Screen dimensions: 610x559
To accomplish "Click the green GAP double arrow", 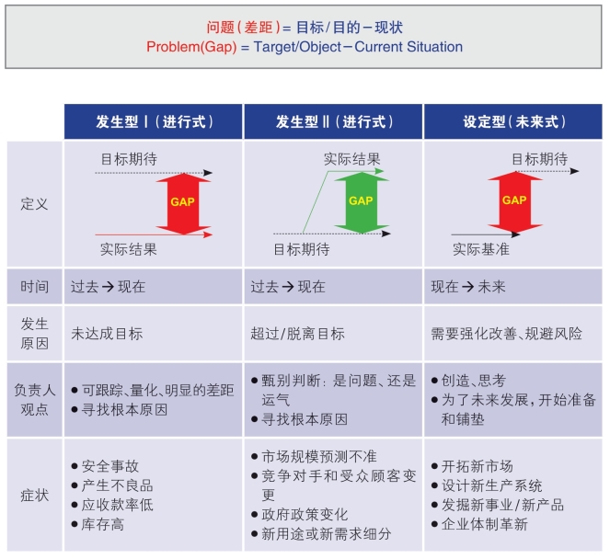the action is click(362, 202).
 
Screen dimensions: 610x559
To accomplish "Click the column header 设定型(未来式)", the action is click(514, 122).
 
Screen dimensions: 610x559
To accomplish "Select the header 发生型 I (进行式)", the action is click(155, 122).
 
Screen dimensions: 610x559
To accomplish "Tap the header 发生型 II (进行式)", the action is click(334, 122).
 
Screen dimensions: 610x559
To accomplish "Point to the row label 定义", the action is click(34, 204).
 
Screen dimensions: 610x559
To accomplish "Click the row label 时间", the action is click(34, 287).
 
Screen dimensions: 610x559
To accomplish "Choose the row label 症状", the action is click(34, 496).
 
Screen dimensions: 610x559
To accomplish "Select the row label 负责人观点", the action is click(34, 400).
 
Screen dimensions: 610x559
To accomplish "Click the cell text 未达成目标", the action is click(107, 334).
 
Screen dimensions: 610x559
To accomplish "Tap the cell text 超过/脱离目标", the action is click(297, 334).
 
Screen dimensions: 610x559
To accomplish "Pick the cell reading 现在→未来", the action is click(468, 287).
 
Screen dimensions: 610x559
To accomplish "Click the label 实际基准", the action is click(481, 249).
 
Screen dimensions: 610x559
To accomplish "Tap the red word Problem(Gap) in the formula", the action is click(191, 47).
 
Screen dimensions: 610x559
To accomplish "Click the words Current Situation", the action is click(409, 47).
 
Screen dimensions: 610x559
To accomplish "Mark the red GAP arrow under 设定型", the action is click(515, 202).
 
